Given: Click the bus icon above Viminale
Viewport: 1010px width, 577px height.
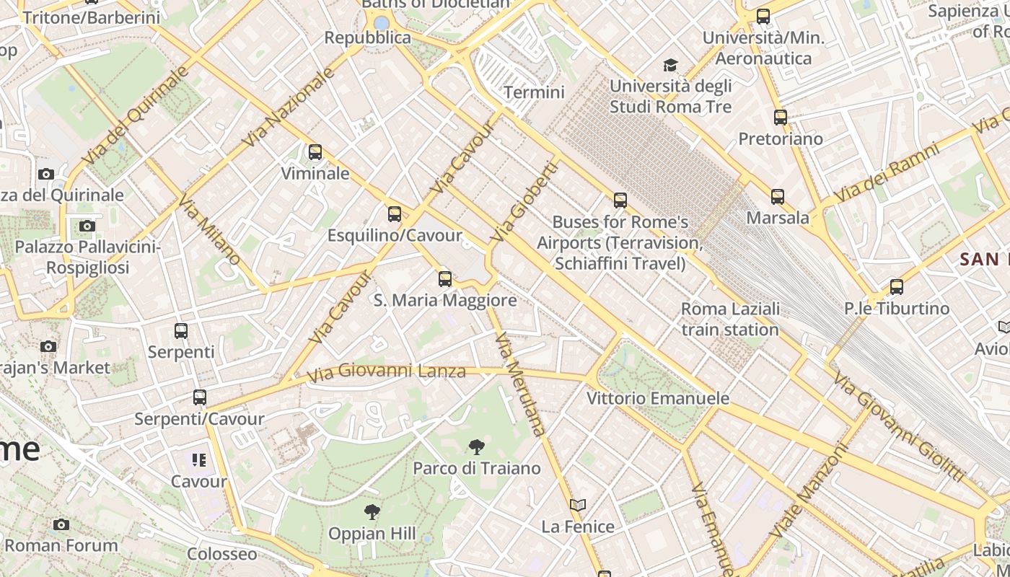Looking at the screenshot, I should coord(315,152).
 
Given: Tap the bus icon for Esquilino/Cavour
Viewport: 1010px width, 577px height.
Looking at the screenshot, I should coord(394,214).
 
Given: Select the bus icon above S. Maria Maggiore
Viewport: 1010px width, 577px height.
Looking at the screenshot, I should coord(445,279).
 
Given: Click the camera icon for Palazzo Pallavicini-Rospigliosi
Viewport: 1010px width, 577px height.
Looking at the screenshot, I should coord(87,226).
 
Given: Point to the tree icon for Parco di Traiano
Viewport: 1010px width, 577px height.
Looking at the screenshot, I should coord(476,447).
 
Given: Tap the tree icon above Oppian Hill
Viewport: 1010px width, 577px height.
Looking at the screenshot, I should coord(372,513).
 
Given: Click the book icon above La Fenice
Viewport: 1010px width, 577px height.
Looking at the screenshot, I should coord(578,506).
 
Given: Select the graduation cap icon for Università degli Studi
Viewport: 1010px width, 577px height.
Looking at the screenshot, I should coord(671,66).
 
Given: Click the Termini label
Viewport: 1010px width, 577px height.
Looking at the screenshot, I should coord(534,92).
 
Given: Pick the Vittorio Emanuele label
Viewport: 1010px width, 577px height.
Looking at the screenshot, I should coord(657,398).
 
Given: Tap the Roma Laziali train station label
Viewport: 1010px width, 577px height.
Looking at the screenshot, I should coord(730,319).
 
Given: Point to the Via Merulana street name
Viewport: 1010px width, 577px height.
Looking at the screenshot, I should coord(521,384).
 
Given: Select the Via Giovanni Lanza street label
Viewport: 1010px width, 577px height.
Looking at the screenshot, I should coord(386,373).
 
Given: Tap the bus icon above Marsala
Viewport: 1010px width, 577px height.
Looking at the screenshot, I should coord(777,197).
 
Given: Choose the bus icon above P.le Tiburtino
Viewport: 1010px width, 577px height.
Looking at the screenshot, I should coord(896,287).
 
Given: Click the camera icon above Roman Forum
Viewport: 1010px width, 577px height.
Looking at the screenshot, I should coord(61,524).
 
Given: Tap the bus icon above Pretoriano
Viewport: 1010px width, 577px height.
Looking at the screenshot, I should coord(780,118).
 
